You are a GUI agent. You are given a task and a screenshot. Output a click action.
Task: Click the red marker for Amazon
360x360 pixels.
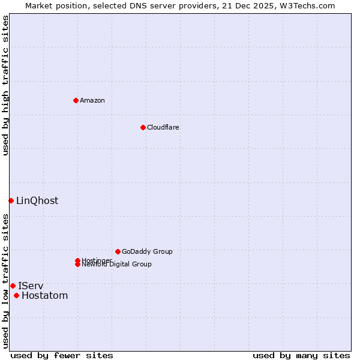click(76, 100)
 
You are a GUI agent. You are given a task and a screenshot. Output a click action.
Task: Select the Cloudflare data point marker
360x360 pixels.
click(143, 127)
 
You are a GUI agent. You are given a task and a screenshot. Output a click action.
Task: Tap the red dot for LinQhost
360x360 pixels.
click(11, 200)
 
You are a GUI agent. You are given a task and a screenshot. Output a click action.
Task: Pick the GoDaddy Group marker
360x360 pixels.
click(118, 251)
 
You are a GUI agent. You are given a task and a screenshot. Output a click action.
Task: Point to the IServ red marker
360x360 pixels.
click(13, 286)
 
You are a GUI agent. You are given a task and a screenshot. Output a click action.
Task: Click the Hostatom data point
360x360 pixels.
click(16, 295)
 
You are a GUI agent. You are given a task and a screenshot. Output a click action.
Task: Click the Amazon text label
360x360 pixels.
click(92, 100)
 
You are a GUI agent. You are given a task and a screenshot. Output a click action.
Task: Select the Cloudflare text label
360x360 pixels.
click(163, 127)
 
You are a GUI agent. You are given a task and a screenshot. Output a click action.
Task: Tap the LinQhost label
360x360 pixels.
click(37, 201)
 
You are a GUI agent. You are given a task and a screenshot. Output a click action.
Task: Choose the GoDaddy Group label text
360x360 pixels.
click(147, 251)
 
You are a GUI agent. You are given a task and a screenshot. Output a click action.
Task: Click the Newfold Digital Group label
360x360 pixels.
click(117, 265)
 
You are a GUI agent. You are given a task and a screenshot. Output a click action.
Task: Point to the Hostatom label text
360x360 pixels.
click(45, 296)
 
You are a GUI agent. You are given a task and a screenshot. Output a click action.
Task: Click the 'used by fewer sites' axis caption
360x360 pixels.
click(62, 356)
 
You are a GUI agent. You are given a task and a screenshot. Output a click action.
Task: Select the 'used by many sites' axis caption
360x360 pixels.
click(301, 356)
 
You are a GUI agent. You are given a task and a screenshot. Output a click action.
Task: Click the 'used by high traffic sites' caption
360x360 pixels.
click(6, 85)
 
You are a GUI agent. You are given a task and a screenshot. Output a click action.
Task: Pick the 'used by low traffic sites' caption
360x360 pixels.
click(6, 280)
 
